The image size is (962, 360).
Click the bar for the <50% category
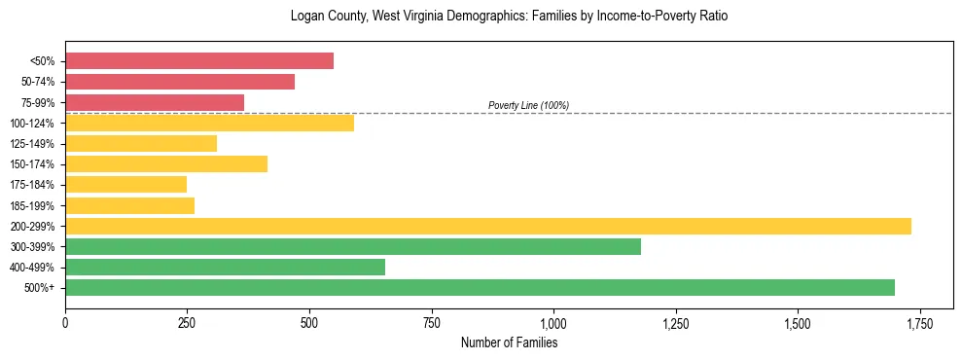pyautogui.click(x=199, y=61)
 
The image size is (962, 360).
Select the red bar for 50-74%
pyautogui.click(x=180, y=82)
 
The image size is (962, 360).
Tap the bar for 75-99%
pyautogui.click(x=155, y=102)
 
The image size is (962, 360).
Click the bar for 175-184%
pyautogui.click(x=125, y=184)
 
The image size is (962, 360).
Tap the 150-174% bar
pyautogui.click(x=166, y=163)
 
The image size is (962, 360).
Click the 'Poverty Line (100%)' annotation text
pyautogui.click(x=528, y=105)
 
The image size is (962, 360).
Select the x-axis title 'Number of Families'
pyautogui.click(x=509, y=342)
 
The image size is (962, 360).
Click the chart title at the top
pyautogui.click(x=509, y=17)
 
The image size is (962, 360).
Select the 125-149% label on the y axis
pyautogui.click(x=32, y=143)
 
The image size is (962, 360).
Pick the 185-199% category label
pyautogui.click(x=32, y=205)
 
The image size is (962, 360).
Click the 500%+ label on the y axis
pyautogui.click(x=39, y=287)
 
